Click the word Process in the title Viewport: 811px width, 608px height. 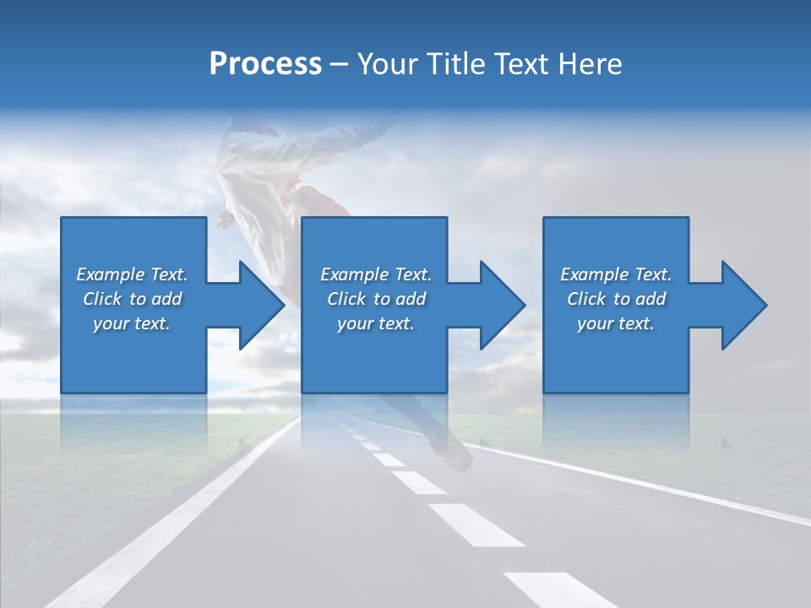[x=265, y=64]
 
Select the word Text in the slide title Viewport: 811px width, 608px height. [x=522, y=64]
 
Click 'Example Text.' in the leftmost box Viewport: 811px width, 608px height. [x=132, y=274]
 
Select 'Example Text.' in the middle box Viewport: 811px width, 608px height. [x=376, y=274]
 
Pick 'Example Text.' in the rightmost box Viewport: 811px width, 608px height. [x=616, y=274]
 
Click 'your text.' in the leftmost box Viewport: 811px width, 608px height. [x=132, y=323]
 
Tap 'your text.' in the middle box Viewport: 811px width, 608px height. [x=376, y=323]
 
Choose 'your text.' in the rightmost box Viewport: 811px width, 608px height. [x=616, y=323]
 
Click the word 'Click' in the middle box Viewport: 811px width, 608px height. [x=347, y=299]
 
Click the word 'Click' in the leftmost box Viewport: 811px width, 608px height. [x=103, y=299]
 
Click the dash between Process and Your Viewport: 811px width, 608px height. [x=340, y=65]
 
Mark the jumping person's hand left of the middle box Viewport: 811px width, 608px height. [x=224, y=221]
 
